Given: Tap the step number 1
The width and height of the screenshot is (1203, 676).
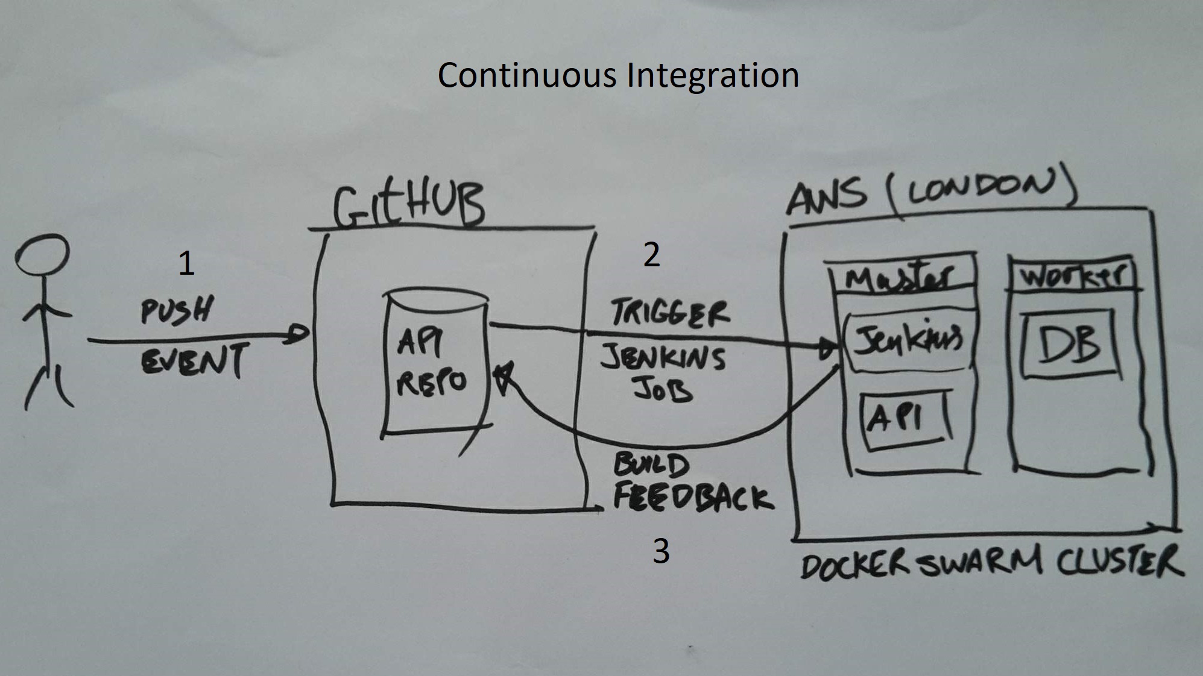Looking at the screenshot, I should [186, 264].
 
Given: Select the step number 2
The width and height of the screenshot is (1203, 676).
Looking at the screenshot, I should [651, 255].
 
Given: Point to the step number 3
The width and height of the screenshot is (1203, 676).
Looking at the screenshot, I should [661, 551].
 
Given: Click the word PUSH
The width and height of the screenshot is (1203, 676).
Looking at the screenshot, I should [177, 310].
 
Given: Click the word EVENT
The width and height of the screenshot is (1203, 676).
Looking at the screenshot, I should [194, 360].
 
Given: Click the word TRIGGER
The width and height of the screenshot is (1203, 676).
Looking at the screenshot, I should [670, 313].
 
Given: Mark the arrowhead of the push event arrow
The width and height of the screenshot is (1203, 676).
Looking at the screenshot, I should [298, 333].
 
